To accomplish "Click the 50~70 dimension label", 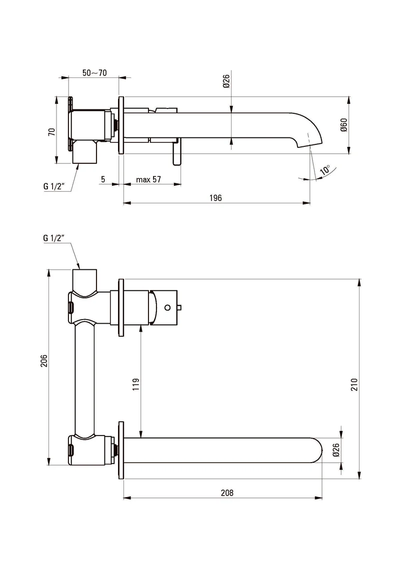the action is (94, 73).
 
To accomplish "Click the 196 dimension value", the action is (215, 198).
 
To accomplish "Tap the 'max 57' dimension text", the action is (148, 179).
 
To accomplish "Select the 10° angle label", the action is (325, 170).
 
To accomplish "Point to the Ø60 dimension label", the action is (343, 125).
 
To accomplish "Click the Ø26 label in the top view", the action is (226, 81).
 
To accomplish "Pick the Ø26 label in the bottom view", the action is (336, 450).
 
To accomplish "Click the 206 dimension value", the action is (43, 361).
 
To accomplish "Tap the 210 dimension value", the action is (354, 385).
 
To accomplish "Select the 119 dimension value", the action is (136, 385).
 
